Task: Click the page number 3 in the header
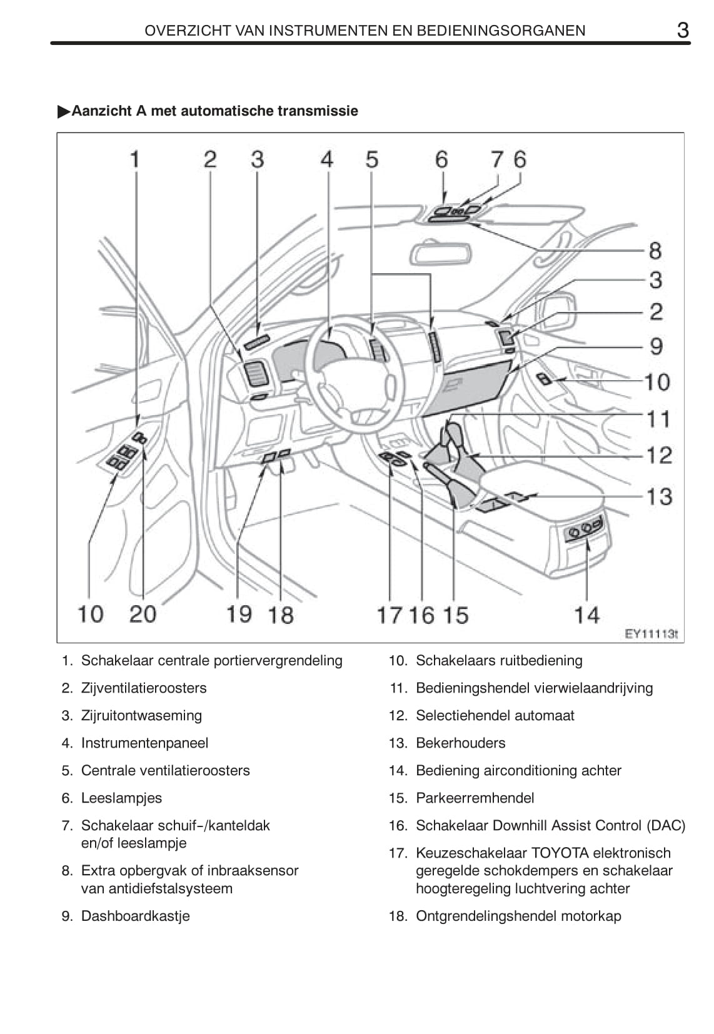click(x=683, y=29)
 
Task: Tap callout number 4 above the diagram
click(x=327, y=160)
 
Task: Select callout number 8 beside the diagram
click(x=655, y=251)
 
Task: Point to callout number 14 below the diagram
click(x=586, y=615)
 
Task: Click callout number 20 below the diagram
click(x=143, y=614)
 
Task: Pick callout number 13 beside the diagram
click(x=658, y=496)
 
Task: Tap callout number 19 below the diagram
click(x=238, y=614)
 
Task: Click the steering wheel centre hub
click(x=350, y=388)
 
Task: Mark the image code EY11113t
click(x=651, y=634)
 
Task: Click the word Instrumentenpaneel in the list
click(x=144, y=743)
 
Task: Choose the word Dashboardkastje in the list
click(x=135, y=916)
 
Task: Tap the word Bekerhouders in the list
click(x=460, y=743)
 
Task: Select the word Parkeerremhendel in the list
click(x=475, y=798)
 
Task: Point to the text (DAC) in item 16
click(x=666, y=826)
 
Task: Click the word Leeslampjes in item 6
click(x=121, y=798)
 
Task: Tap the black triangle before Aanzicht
click(x=64, y=112)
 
